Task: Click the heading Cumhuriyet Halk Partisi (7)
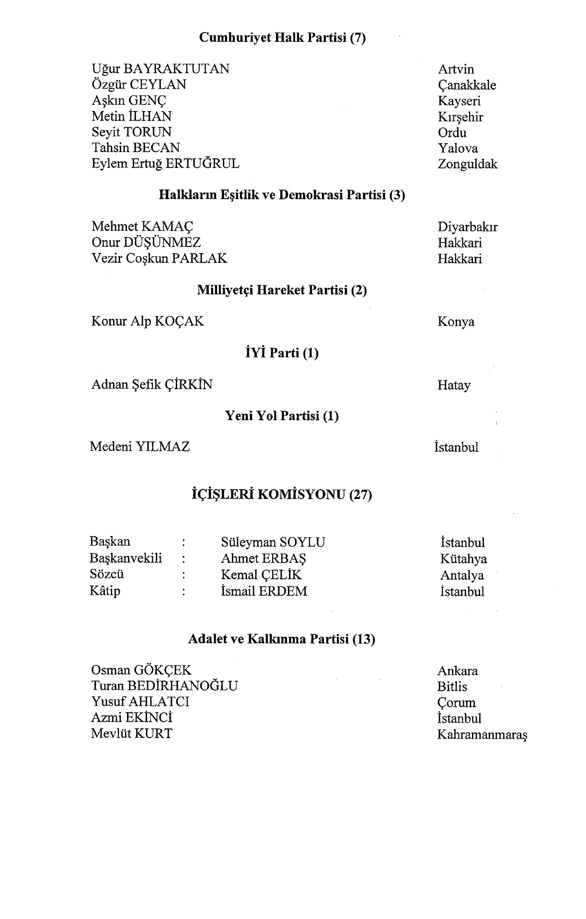coord(282,38)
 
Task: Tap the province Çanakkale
coord(467,85)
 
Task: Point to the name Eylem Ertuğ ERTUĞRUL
coord(165,164)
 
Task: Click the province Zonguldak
coord(467,164)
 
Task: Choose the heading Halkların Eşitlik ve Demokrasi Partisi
coord(282,195)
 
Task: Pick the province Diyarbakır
coord(467,227)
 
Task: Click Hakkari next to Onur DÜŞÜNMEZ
coord(460,243)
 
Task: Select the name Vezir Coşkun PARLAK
coord(159,258)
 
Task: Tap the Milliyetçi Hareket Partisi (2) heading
coord(282,290)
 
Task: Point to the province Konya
coord(456,322)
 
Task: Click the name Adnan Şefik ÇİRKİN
coord(152,384)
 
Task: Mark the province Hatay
coord(454,385)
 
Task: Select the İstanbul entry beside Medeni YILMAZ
coord(456,447)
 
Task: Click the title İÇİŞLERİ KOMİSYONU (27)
coord(282,494)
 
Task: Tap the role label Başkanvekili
coord(126,558)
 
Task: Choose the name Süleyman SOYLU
coord(273,542)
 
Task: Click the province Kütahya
coord(463,559)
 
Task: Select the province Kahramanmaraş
coord(482,734)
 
